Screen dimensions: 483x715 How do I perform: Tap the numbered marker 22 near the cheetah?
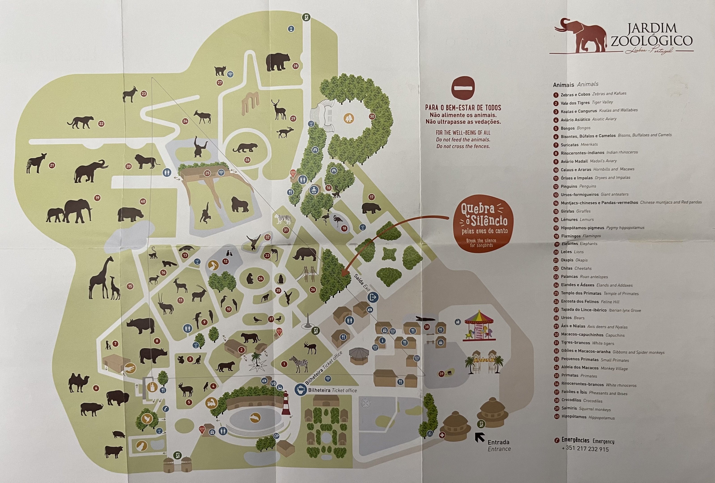[x=101, y=124]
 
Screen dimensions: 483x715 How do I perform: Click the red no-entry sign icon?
[x=463, y=88]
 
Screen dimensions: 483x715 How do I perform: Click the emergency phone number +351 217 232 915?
[x=585, y=449]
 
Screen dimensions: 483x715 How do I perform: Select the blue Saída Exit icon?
[x=373, y=297]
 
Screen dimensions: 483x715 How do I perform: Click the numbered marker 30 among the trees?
[x=372, y=116]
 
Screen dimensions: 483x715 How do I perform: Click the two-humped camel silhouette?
[x=79, y=383]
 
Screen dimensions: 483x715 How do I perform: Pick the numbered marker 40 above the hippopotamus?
[x=143, y=201]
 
